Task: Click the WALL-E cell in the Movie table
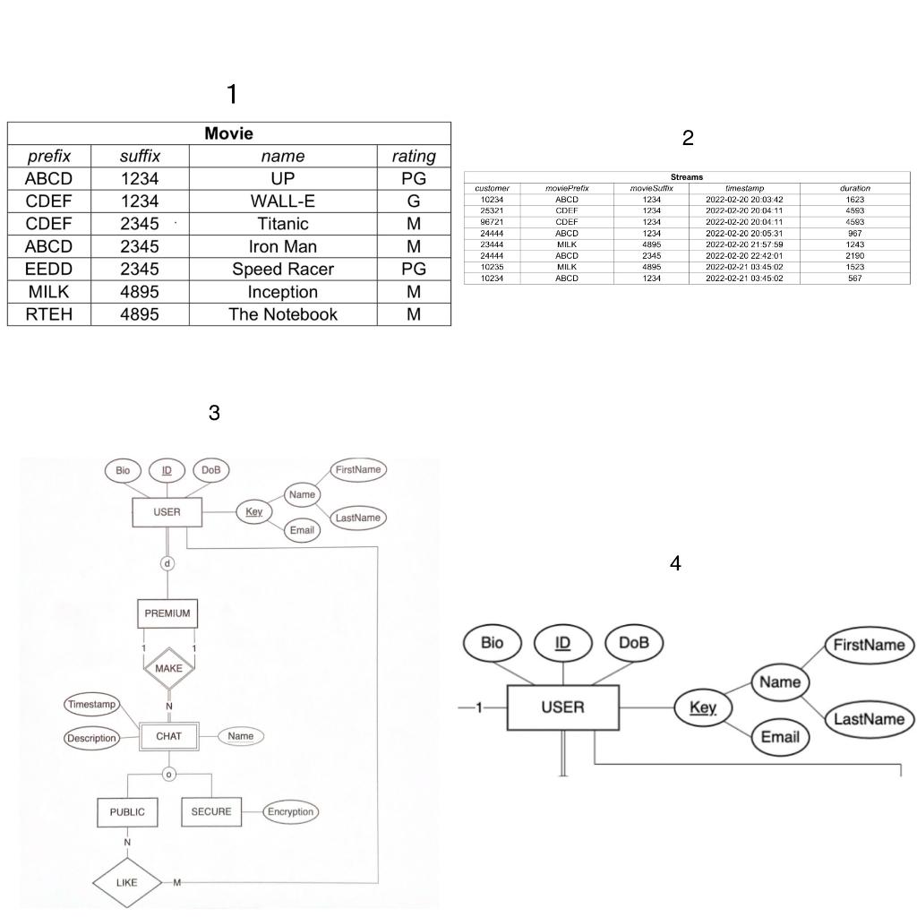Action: pyautogui.click(x=283, y=201)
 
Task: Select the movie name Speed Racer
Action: pyautogui.click(x=283, y=270)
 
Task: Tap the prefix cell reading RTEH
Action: pyautogui.click(x=49, y=314)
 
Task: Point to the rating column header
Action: pyautogui.click(x=414, y=156)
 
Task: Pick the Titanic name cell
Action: pyautogui.click(x=283, y=224)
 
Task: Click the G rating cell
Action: pyautogui.click(x=414, y=201)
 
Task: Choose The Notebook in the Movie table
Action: pyautogui.click(x=283, y=314)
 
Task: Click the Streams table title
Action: pyautogui.click(x=687, y=177)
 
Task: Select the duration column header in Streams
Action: pyautogui.click(x=854, y=188)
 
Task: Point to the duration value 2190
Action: pyautogui.click(x=854, y=256)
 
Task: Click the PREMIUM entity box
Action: pyautogui.click(x=167, y=613)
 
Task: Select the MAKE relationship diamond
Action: pyautogui.click(x=168, y=669)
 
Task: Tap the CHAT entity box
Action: pyautogui.click(x=168, y=736)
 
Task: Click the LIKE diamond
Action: pyautogui.click(x=127, y=882)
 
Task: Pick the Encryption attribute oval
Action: pyautogui.click(x=291, y=812)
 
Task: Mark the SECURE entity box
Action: pyautogui.click(x=211, y=812)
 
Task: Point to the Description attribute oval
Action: pyautogui.click(x=91, y=738)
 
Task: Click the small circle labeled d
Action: pyautogui.click(x=167, y=563)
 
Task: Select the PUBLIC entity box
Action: pyautogui.click(x=127, y=812)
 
